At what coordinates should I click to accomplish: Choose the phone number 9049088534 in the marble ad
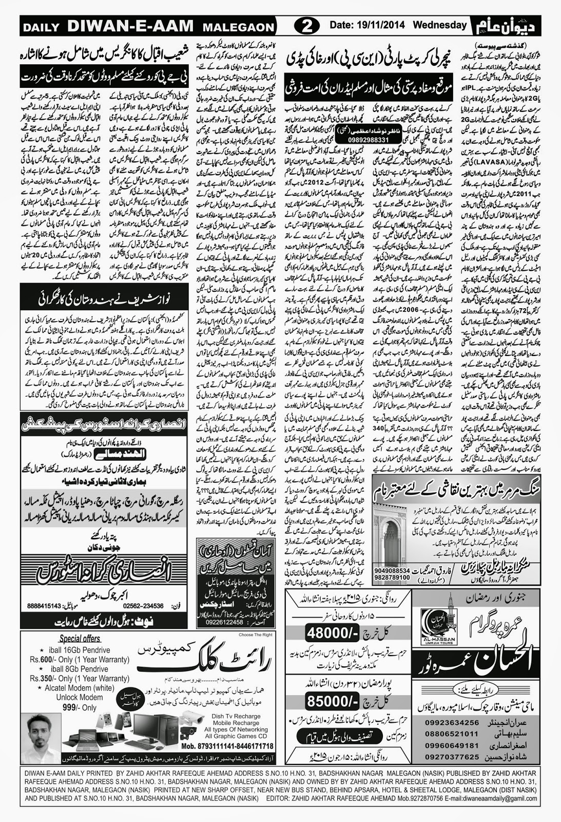tap(392, 570)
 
